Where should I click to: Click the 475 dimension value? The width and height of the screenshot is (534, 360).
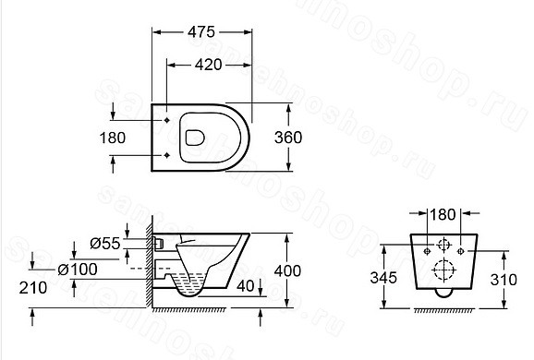[x=201, y=32]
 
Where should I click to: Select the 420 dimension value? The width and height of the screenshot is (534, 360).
[x=209, y=65]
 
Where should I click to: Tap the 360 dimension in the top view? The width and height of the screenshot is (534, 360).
[x=288, y=138]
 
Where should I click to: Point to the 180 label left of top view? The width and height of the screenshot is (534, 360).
[x=113, y=138]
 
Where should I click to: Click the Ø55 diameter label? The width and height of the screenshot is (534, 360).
[x=105, y=244]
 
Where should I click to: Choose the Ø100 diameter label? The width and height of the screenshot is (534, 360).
[x=78, y=270]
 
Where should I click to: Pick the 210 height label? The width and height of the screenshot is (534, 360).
[x=33, y=288]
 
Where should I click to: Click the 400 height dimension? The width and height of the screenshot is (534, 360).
[x=287, y=270]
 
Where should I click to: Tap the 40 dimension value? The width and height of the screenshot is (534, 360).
[x=245, y=286]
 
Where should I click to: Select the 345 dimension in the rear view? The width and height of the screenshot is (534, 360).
[x=383, y=278]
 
